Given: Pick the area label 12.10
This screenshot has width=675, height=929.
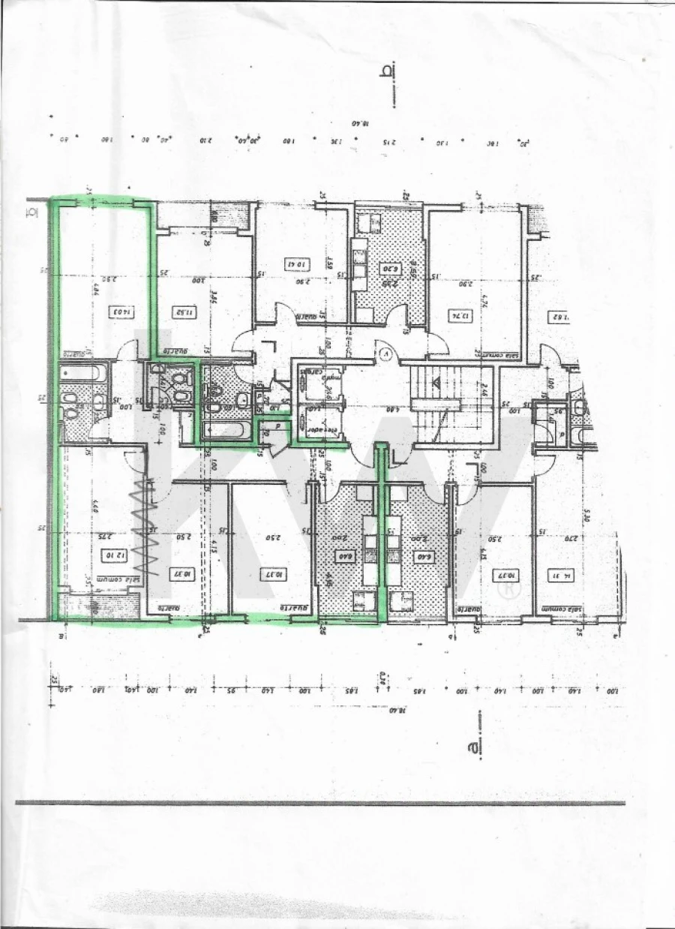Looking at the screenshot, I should pos(112,556).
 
